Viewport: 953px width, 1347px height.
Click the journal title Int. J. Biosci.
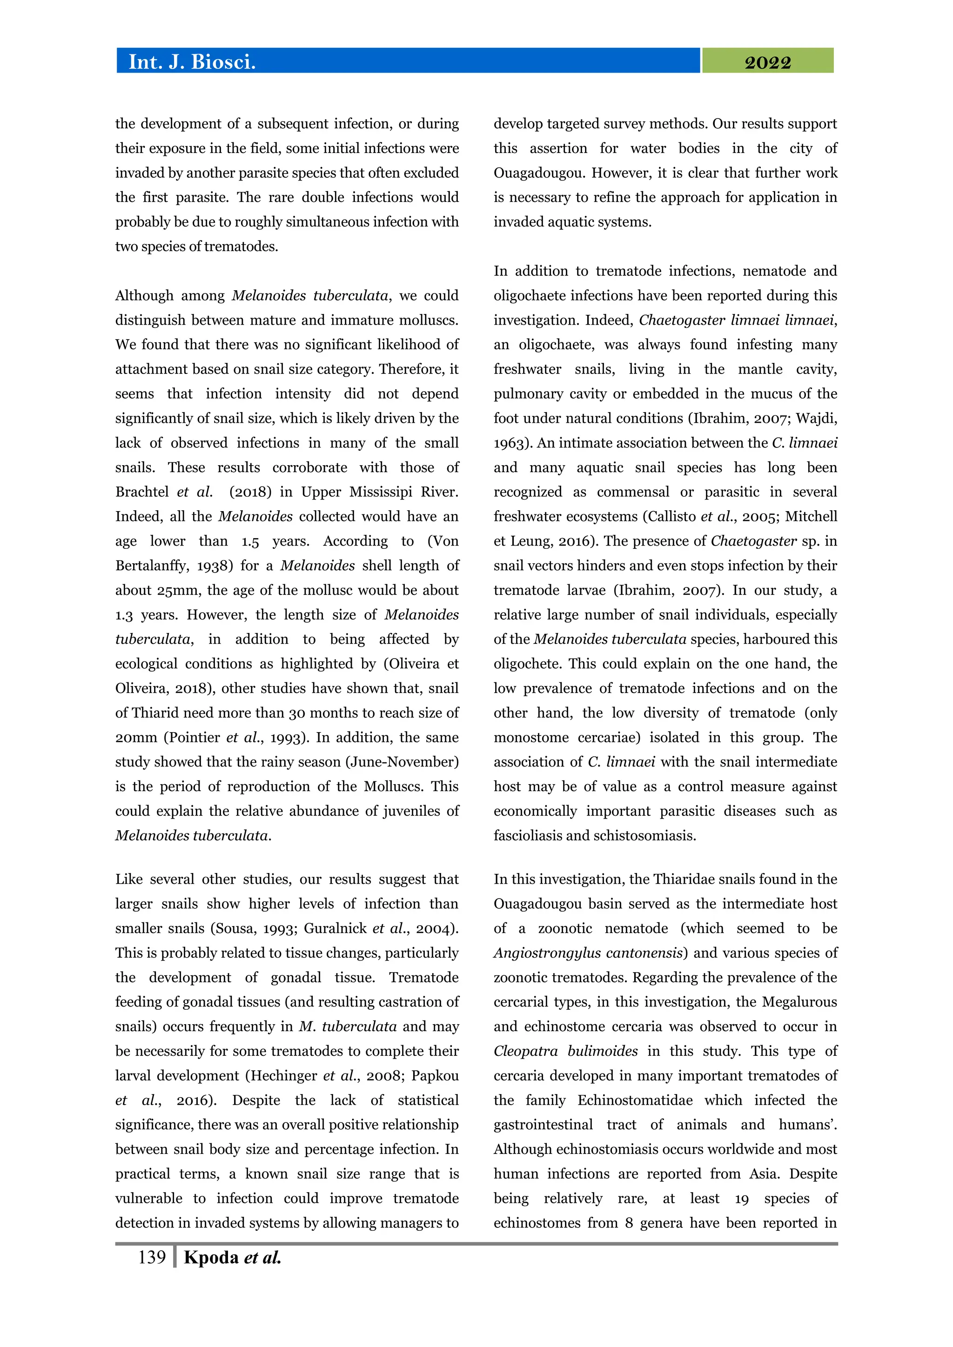pyautogui.click(x=191, y=61)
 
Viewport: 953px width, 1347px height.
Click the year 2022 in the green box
pyautogui.click(x=767, y=62)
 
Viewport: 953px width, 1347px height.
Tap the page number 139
pyautogui.click(x=151, y=1257)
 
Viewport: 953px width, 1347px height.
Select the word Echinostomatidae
pyautogui.click(x=634, y=1100)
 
